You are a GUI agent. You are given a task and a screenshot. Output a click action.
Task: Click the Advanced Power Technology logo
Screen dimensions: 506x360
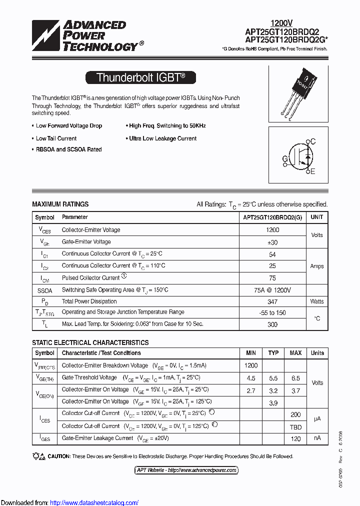(87, 36)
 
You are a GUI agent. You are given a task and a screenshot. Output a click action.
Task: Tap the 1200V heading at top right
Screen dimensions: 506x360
(281, 23)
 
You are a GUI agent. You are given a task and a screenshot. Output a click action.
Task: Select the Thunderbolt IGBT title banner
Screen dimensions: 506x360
(140, 77)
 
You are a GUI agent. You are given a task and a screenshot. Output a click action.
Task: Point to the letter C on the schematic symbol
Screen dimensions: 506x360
(313, 141)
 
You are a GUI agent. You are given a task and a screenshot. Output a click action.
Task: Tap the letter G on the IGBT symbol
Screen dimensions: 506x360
(285, 159)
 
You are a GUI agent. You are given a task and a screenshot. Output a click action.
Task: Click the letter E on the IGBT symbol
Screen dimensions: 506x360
(313, 171)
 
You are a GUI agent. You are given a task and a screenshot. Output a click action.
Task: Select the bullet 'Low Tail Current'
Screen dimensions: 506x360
(56, 138)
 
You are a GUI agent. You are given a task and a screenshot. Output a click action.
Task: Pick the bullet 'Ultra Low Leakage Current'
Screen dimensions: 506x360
(162, 138)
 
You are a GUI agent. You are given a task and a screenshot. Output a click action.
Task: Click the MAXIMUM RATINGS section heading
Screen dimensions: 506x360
(60, 204)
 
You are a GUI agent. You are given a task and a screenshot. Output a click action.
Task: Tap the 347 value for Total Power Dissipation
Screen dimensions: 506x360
(272, 301)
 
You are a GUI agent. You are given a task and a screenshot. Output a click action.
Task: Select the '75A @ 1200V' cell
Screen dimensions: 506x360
(272, 290)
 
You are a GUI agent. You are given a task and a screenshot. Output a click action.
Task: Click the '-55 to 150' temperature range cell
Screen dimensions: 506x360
(272, 312)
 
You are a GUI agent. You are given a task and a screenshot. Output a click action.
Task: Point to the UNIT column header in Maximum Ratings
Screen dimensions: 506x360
(316, 217)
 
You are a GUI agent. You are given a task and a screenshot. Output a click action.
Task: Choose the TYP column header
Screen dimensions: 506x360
(273, 353)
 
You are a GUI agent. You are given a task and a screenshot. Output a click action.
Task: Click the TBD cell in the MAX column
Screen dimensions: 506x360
(295, 426)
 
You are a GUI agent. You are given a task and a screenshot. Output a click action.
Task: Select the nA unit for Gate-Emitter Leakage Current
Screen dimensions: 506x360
(317, 438)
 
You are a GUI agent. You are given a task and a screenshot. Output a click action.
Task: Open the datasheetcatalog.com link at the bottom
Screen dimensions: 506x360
(94, 502)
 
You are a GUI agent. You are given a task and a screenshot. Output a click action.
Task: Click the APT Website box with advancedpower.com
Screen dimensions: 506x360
(186, 470)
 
